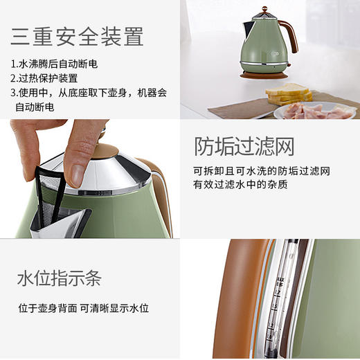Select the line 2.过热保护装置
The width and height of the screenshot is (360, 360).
(x=44, y=78)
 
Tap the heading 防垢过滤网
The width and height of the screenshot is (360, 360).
(x=244, y=147)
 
